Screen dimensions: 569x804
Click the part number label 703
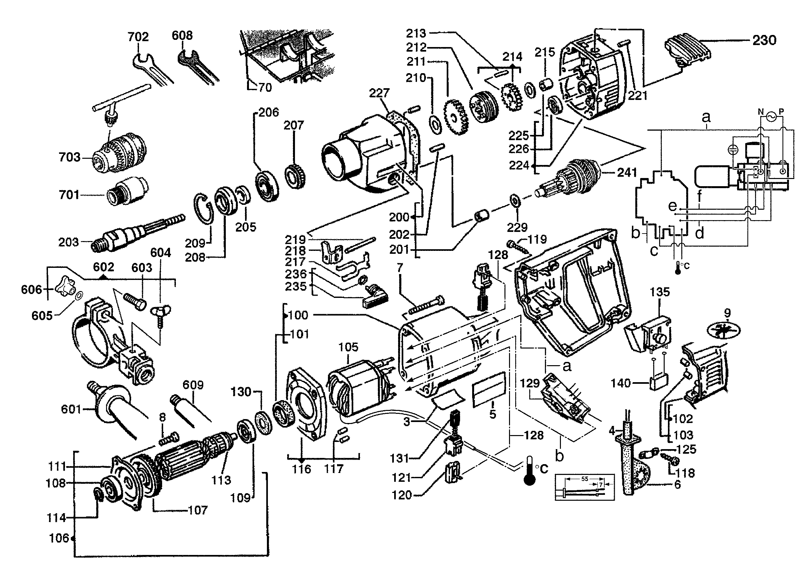pyautogui.click(x=69, y=157)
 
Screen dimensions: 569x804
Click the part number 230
pyautogui.click(x=765, y=40)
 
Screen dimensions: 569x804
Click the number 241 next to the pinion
pyautogui.click(x=627, y=172)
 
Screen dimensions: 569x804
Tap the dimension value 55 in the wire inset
pyautogui.click(x=584, y=479)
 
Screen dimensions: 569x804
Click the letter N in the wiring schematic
pyautogui.click(x=761, y=112)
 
